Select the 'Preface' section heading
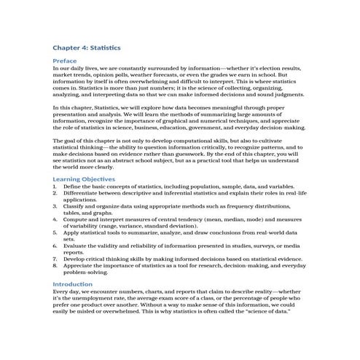tap(65, 60)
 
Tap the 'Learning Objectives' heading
tap(84, 179)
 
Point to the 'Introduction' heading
tap(73, 283)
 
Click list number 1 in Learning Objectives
tap(55, 186)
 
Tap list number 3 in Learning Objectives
tap(55, 206)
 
